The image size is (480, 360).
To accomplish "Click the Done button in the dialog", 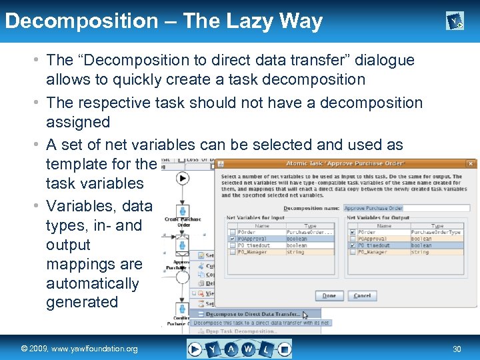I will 329,295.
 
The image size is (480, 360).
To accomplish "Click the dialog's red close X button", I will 471,163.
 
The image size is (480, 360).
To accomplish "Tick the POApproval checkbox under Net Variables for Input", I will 231,239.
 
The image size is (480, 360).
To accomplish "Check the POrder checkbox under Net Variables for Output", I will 351,233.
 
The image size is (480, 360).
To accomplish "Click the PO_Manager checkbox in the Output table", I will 351,252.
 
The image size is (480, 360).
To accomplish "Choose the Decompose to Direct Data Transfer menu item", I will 252,314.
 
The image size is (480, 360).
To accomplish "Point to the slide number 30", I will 457,349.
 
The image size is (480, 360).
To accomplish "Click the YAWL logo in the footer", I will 239,349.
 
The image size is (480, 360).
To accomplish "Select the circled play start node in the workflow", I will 183,179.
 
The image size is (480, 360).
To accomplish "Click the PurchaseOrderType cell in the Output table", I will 437,233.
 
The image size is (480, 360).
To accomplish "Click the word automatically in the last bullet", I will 92,283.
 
